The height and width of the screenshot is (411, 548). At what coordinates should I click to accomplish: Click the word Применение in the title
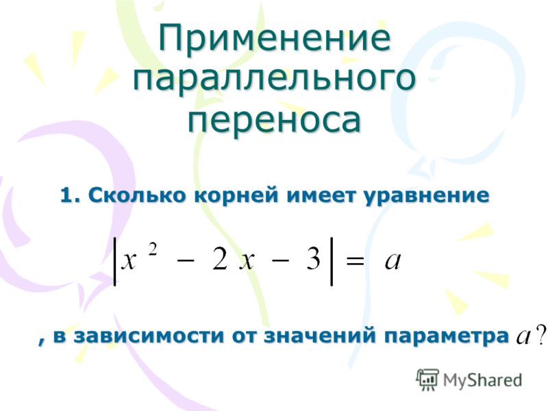point(275,37)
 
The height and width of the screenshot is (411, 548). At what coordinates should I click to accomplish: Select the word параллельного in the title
point(275,79)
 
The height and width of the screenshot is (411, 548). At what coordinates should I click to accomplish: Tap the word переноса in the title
point(275,119)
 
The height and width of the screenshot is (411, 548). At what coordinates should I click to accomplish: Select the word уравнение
point(426,196)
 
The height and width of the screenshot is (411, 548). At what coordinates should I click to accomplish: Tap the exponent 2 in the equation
point(152,249)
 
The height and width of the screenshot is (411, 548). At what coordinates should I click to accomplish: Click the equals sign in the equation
point(354,261)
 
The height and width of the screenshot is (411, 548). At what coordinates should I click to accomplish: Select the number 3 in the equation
point(313,260)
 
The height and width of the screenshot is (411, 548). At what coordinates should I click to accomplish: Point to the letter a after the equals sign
point(393,261)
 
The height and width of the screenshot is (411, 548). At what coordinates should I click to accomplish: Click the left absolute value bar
point(114,262)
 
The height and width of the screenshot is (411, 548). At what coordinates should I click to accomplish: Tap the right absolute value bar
point(332,262)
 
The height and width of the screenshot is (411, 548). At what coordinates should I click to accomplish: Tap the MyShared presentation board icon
point(427,379)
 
